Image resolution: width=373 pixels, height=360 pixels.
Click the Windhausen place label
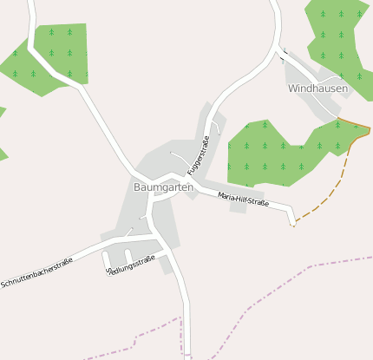pos(317,88)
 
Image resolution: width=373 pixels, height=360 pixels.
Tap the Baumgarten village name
pos(163,187)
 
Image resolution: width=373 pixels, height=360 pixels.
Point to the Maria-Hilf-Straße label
pos(243,200)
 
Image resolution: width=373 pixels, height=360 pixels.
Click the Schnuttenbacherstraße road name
pos(36,272)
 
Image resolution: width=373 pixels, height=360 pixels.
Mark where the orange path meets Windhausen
pos(337,117)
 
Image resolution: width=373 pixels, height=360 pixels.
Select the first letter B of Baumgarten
pos(138,187)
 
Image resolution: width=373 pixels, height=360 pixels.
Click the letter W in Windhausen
pos(293,88)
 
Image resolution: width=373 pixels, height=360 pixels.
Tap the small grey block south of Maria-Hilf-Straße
pos(239,208)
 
